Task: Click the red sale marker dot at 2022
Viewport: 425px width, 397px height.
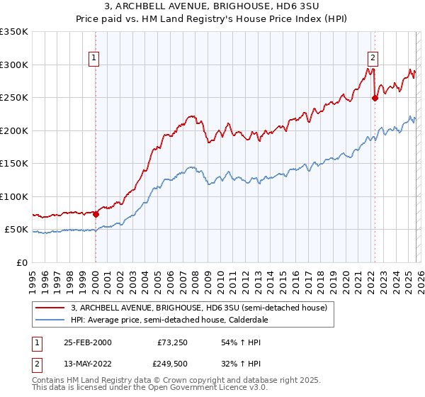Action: point(375,99)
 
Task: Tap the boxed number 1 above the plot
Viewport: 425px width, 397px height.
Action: point(94,59)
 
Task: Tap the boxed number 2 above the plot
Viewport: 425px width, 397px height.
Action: point(373,59)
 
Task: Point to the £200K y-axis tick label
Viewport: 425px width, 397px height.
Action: point(14,130)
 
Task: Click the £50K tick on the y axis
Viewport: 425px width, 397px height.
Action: point(16,230)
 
